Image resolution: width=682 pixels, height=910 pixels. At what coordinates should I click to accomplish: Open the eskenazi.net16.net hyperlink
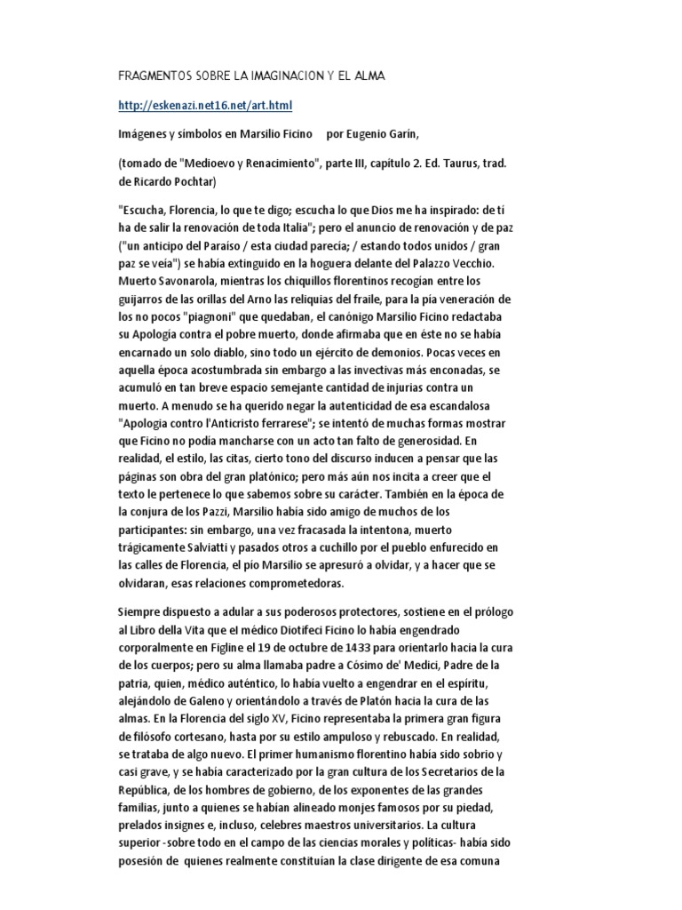click(x=205, y=106)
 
